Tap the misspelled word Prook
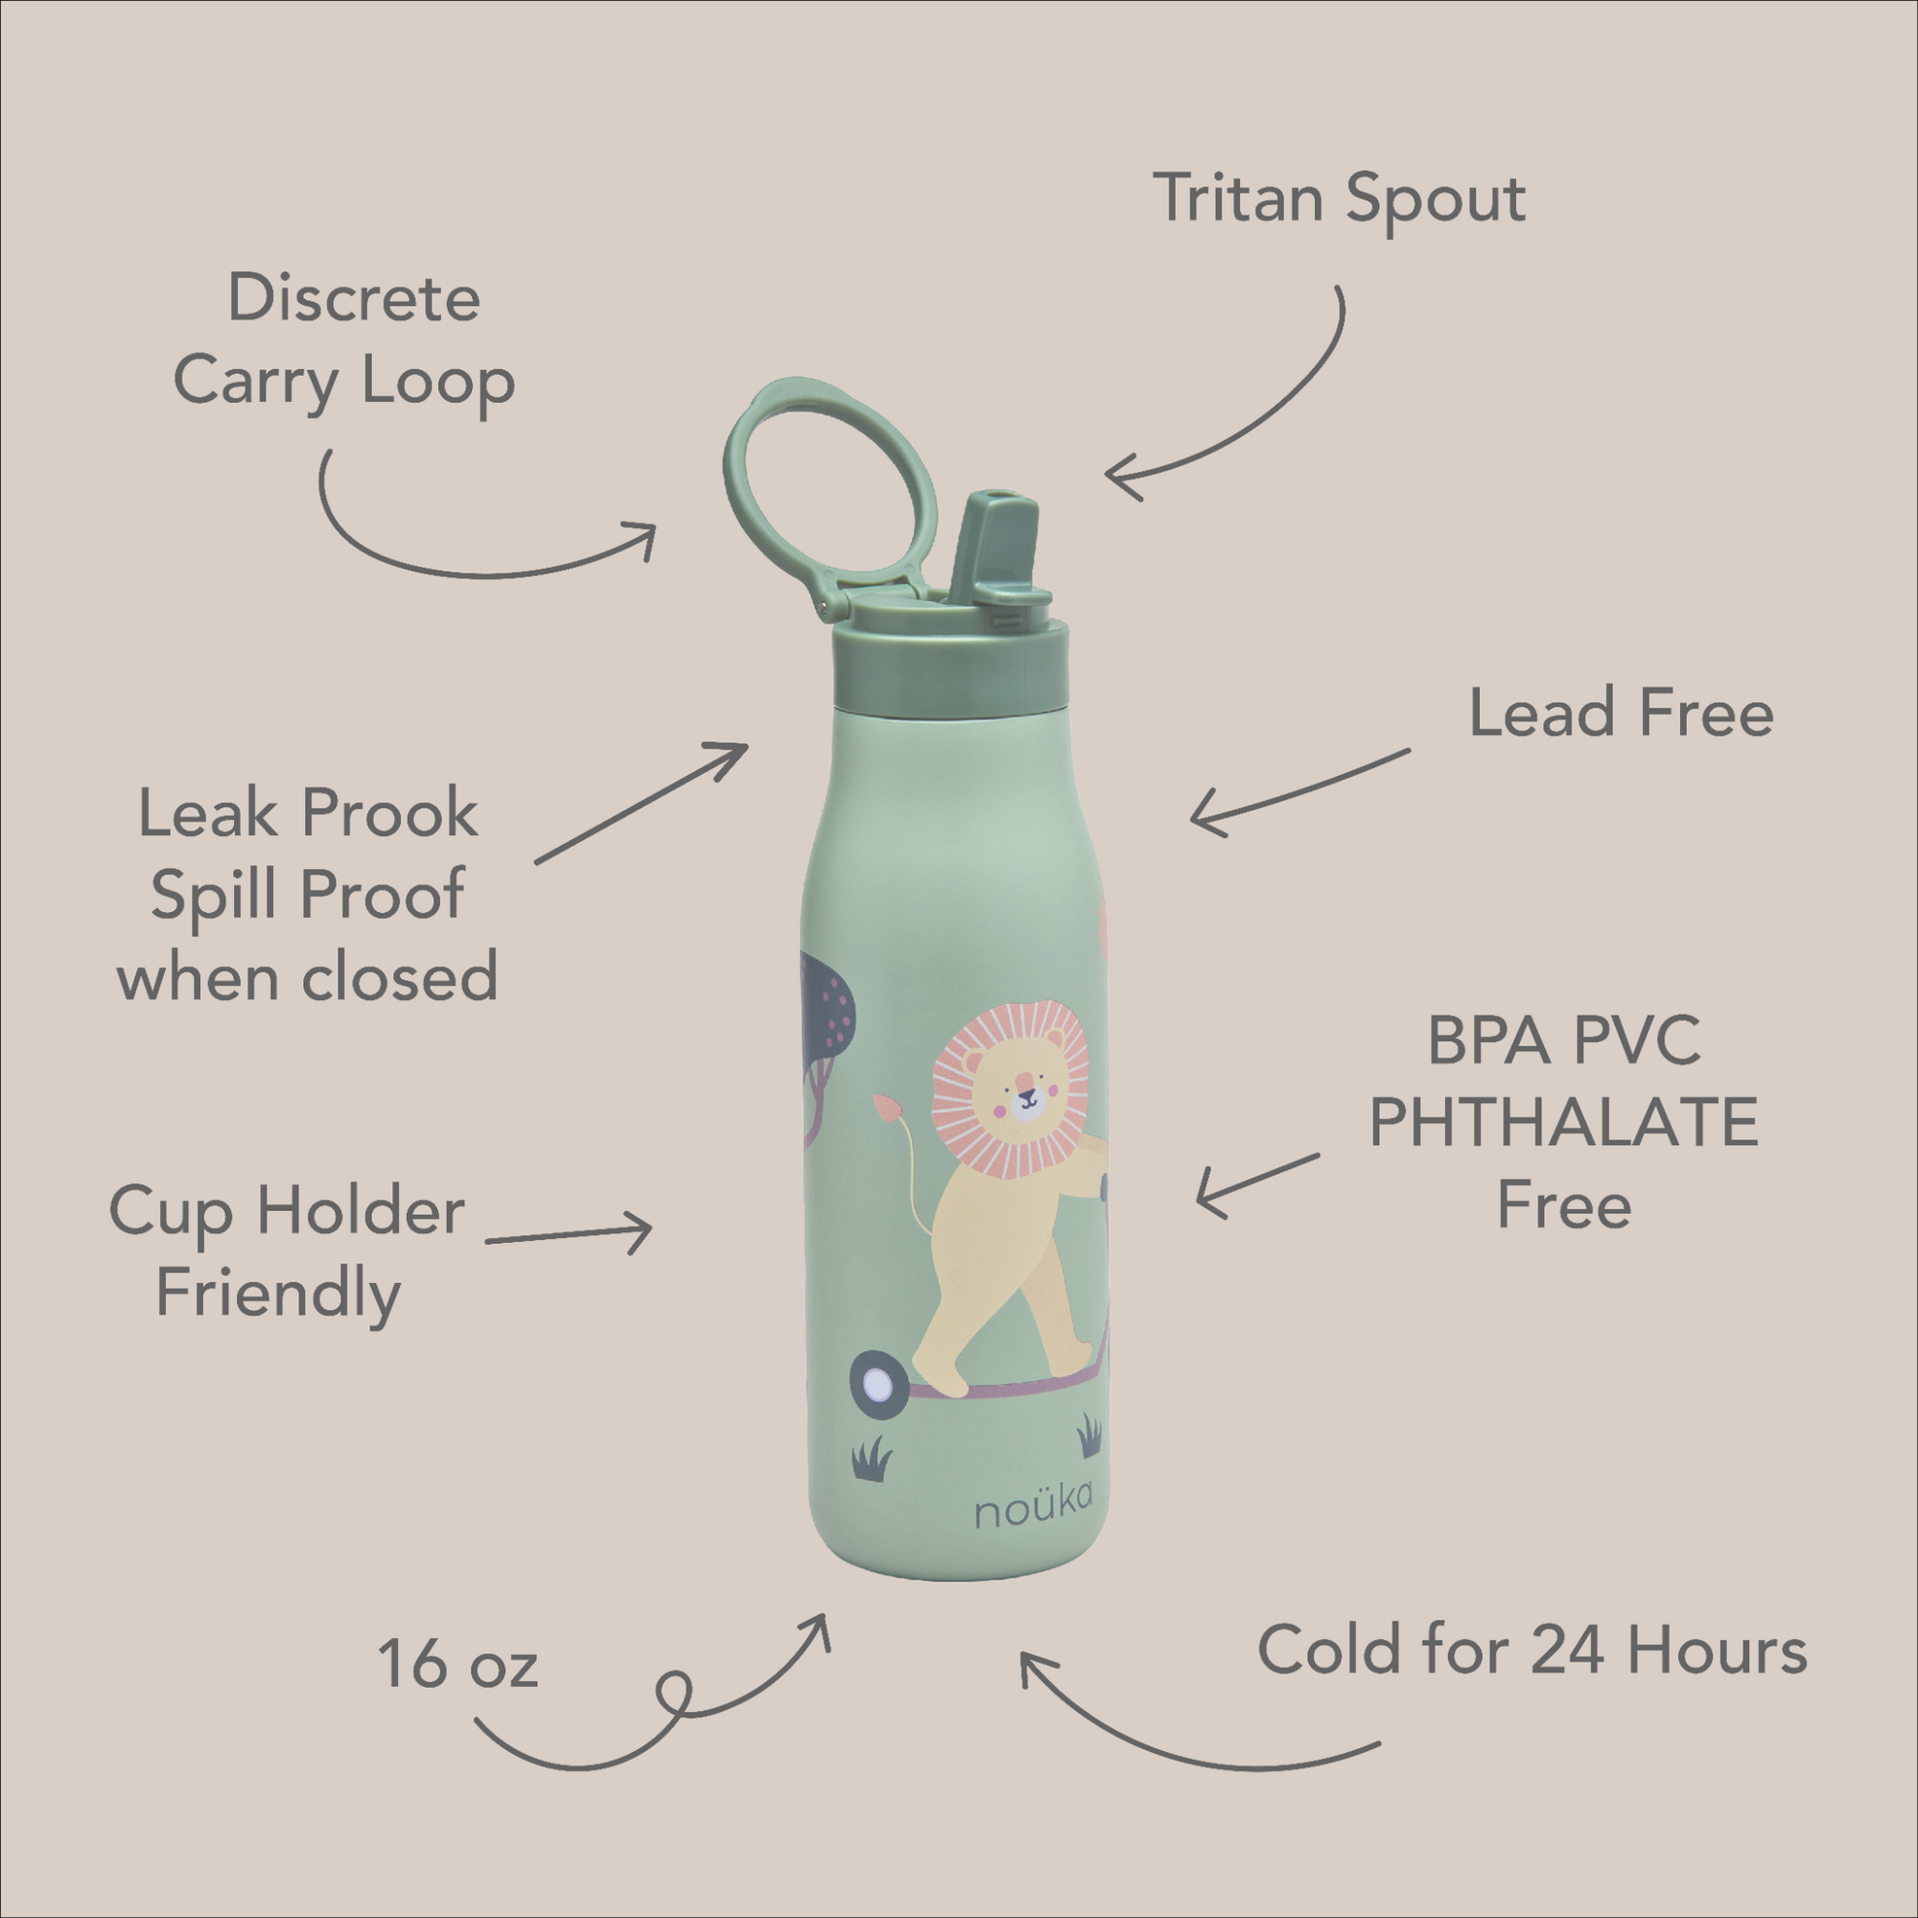point(389,814)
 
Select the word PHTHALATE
point(1562,1124)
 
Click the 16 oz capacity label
point(456,1666)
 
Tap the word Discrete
point(355,298)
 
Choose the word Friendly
point(278,1295)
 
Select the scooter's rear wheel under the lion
point(877,1383)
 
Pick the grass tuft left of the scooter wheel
point(872,1462)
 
